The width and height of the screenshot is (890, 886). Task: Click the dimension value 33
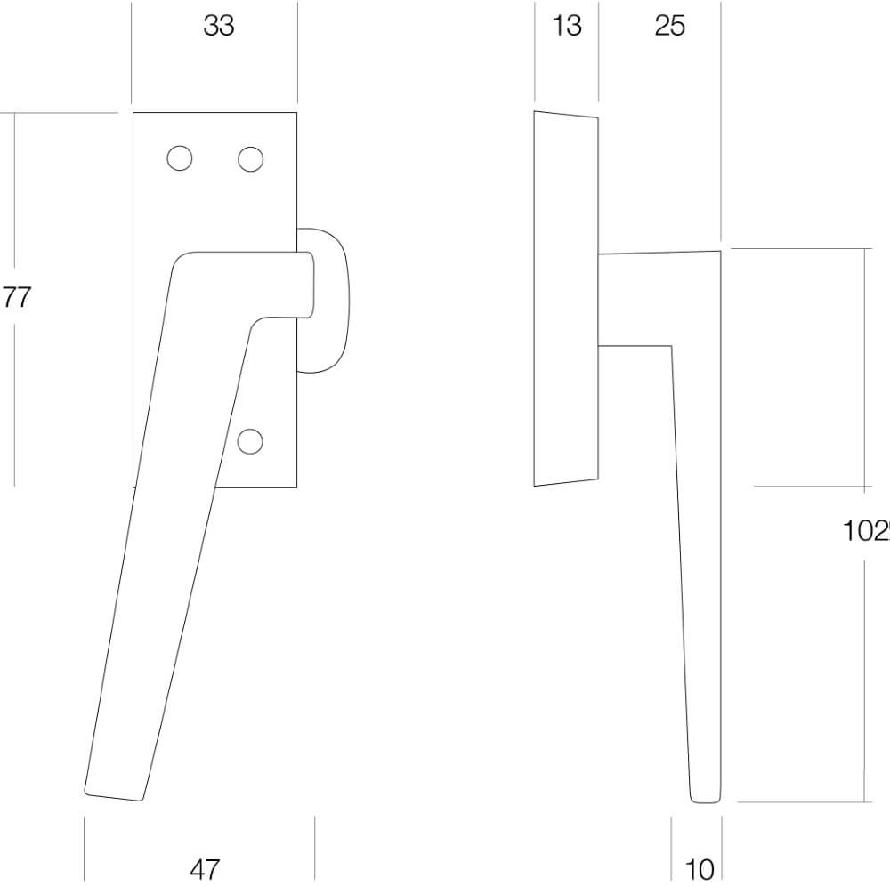click(x=218, y=27)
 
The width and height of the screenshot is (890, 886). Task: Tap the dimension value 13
click(x=566, y=27)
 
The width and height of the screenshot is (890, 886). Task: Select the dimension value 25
click(x=669, y=27)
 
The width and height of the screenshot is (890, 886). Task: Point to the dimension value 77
click(x=16, y=298)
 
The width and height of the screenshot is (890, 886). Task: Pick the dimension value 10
click(x=700, y=869)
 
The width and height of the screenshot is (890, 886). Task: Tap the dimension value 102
click(x=867, y=531)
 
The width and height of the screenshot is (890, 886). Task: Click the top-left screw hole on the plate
click(x=180, y=158)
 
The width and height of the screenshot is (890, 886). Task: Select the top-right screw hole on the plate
click(x=251, y=158)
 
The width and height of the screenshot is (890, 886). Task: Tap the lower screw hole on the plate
click(x=252, y=439)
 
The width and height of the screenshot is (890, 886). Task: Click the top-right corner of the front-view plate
click(x=296, y=114)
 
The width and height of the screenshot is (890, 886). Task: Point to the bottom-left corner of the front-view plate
click(x=133, y=487)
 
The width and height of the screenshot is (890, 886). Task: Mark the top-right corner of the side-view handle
click(x=718, y=252)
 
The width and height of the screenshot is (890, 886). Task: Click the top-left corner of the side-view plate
click(x=535, y=112)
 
